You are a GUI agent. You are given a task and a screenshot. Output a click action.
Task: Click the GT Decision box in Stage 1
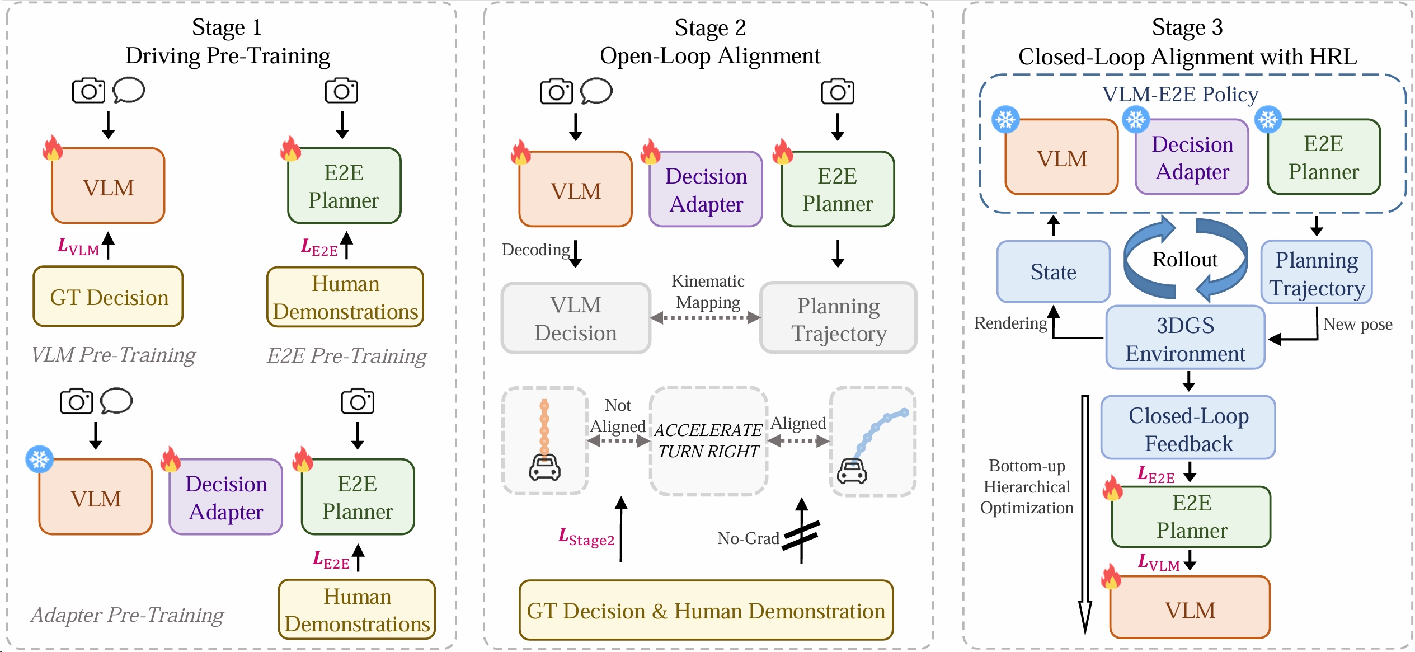coord(108,297)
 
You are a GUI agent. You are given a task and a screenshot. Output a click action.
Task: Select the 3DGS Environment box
coord(1185,338)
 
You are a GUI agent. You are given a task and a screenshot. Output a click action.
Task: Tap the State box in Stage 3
coord(1053,272)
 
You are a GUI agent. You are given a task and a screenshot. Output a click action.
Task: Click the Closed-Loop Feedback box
coord(1188,428)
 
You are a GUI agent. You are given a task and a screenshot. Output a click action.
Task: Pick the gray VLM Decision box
coord(576,318)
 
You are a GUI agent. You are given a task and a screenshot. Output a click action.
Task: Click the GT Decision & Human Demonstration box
coord(706,610)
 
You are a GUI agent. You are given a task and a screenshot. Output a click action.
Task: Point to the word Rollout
coord(1184,259)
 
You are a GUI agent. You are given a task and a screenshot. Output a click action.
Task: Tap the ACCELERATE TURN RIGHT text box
coord(708,440)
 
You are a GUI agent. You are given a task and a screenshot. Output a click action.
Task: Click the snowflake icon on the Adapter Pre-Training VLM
coord(40,459)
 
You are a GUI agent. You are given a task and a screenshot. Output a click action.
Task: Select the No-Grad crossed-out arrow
coord(801,534)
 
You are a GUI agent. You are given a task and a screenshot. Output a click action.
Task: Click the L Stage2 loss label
coord(586,537)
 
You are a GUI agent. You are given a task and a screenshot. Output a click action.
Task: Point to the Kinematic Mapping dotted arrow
coord(706,318)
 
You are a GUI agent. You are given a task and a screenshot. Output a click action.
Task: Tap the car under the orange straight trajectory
coord(544,468)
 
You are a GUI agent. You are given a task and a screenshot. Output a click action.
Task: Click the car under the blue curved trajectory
coord(852,471)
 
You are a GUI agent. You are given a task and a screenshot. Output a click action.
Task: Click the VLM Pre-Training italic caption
coord(114,355)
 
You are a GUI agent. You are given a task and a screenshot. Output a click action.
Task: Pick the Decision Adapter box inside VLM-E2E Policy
coord(1192,157)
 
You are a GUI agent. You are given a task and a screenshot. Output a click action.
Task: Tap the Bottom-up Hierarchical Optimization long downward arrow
coord(1085,515)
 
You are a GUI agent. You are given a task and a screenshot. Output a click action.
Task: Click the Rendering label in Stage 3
coord(1010,323)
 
